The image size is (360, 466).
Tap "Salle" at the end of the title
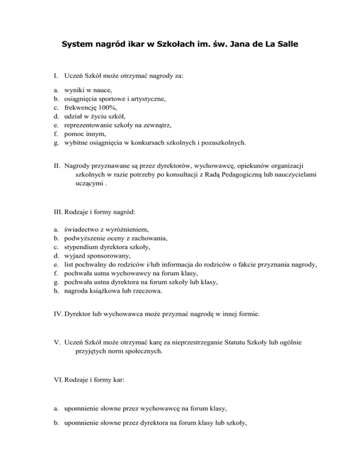(284, 45)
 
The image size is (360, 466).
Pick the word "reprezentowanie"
(90, 125)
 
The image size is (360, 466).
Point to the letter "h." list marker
(56, 292)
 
